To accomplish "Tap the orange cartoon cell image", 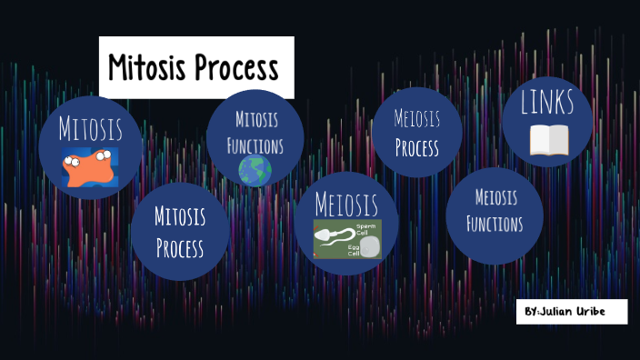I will tap(90, 167).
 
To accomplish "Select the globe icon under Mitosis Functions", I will tap(255, 170).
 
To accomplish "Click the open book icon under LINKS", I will tap(548, 140).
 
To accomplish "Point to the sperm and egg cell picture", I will tap(347, 239).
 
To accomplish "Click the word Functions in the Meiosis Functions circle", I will tap(495, 223).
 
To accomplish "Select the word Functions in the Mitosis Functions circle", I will tap(255, 145).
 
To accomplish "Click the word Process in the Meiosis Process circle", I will tap(417, 147).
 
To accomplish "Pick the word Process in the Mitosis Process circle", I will tap(179, 247).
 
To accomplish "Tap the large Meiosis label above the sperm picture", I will tap(346, 202).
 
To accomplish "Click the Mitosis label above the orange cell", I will tap(90, 128).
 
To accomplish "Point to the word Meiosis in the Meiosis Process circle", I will tap(417, 119).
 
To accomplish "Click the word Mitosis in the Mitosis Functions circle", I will tap(256, 119).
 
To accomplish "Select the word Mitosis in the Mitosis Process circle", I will tap(179, 217).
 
